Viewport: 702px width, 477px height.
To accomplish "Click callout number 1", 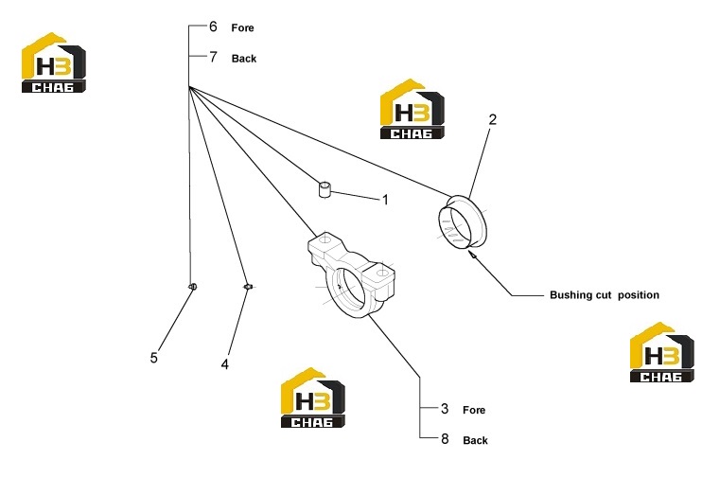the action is [385, 200].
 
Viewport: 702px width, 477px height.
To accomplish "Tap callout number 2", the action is [493, 119].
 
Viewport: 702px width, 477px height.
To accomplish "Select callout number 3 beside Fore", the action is [444, 409].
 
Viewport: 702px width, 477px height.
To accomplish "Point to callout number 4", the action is [225, 364].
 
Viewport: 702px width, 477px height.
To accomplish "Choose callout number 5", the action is [153, 358].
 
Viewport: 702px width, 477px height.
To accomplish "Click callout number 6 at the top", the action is [213, 26].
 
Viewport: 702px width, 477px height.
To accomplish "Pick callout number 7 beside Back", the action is [213, 58].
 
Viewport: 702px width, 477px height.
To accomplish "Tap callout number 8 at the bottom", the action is [445, 439].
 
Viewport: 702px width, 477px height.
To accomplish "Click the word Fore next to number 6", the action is [242, 27].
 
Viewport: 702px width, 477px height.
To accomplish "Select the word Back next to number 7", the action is [244, 59].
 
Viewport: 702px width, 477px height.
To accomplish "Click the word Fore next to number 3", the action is [474, 410].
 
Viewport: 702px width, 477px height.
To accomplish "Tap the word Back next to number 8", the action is [476, 441].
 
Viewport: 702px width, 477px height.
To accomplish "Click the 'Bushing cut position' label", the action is [605, 295].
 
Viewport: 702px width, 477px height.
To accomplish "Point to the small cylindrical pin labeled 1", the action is [325, 188].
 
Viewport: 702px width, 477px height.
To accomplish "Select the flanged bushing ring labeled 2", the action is [462, 221].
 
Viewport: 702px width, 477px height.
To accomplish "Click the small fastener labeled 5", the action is [192, 287].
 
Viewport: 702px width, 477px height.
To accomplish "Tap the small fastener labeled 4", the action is [249, 287].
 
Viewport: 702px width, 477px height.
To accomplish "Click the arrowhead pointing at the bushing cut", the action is [472, 255].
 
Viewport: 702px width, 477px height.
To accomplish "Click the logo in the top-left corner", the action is [54, 62].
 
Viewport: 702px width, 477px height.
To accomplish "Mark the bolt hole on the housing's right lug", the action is [382, 273].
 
